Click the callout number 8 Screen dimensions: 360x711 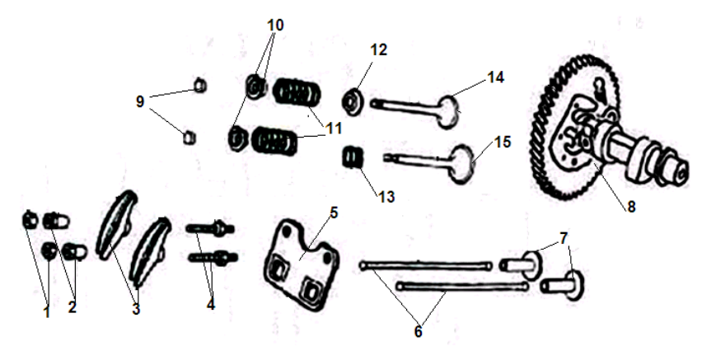[631, 208]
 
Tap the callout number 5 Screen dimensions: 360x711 [334, 213]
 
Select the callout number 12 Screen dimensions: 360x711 [378, 50]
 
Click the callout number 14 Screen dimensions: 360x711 [495, 77]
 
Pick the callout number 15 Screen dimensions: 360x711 [503, 142]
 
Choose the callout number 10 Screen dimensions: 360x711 [275, 26]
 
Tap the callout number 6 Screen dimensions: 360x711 [418, 331]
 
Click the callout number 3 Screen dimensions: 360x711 [137, 310]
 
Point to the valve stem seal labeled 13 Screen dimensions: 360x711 [353, 156]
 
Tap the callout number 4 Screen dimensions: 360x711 [211, 303]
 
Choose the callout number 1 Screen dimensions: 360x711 [47, 312]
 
